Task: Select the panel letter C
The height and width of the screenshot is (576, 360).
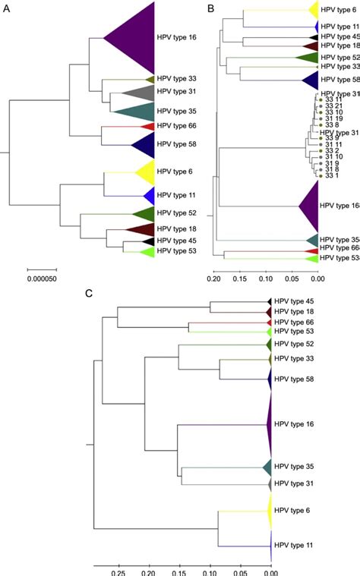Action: [x=89, y=293]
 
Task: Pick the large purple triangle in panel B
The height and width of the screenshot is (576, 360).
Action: [x=310, y=205]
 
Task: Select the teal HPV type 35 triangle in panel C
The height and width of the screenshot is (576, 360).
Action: [x=267, y=467]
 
